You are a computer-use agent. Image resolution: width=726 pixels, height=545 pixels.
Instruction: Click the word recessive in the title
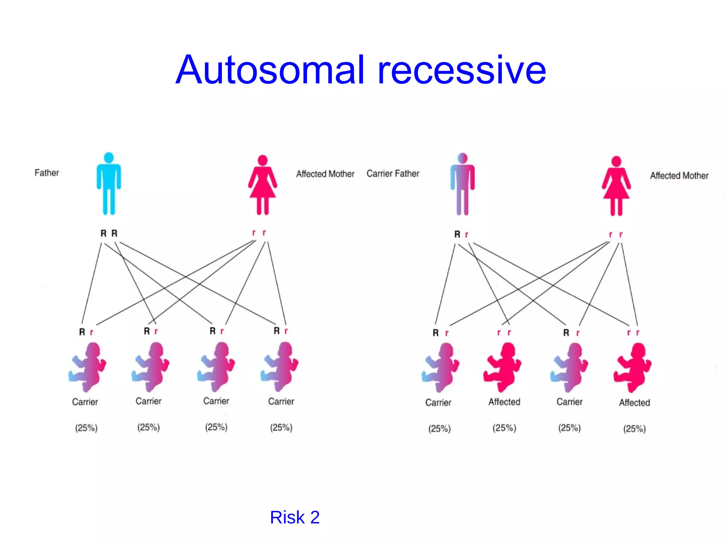pos(462,71)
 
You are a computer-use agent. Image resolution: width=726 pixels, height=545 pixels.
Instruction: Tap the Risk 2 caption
pos(295,517)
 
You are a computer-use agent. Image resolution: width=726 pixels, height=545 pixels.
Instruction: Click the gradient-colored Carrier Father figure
pos(463,184)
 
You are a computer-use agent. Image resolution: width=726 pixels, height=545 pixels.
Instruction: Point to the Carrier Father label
pos(393,174)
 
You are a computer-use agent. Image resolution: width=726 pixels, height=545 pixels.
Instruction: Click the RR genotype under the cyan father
pos(109,233)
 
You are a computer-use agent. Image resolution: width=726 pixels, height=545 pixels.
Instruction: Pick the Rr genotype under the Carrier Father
pos(461,235)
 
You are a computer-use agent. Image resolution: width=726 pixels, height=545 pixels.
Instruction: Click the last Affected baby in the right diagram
pos(633,368)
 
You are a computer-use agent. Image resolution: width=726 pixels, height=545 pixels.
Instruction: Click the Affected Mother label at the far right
pos(679,176)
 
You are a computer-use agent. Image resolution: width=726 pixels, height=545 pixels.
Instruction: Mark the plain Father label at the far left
pos(47,173)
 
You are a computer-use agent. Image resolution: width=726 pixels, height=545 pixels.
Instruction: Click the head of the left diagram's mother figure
pos(263,160)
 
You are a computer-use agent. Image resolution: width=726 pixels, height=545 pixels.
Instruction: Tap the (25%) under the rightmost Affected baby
pos(635,429)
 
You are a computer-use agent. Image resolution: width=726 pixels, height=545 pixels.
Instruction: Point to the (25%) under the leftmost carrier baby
pos(86,428)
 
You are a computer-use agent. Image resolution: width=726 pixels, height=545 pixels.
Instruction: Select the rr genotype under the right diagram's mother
pos(616,235)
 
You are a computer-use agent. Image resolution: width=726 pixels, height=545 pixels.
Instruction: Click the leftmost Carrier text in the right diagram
pos(438,402)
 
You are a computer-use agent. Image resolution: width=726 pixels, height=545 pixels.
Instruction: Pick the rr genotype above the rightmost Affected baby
pos(633,333)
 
